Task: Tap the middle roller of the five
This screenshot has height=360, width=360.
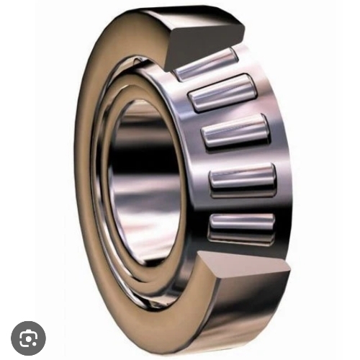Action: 236,133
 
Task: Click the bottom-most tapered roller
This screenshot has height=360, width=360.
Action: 241,225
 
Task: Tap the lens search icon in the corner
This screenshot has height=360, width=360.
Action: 28,336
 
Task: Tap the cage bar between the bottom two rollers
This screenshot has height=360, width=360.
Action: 241,202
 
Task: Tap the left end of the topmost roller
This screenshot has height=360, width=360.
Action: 179,71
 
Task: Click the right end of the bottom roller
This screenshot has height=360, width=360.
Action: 273,222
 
